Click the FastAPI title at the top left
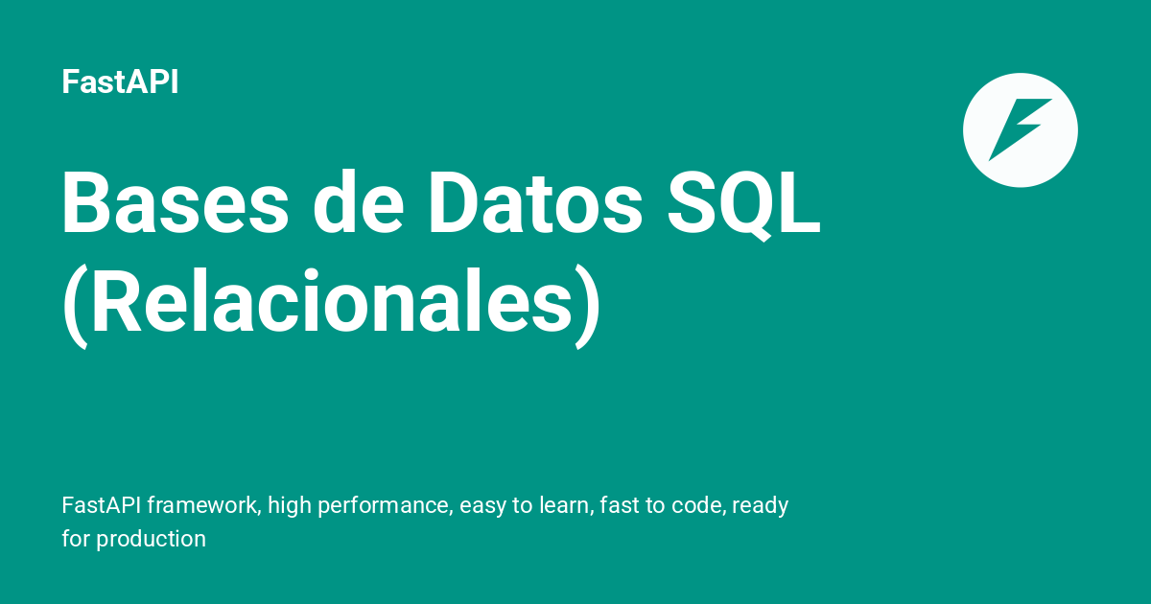point(120,82)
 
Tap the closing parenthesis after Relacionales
point(588,306)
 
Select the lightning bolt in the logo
point(1020,129)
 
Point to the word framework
point(201,505)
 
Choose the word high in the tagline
point(290,505)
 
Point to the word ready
point(760,505)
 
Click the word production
point(151,539)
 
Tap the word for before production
point(76,539)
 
